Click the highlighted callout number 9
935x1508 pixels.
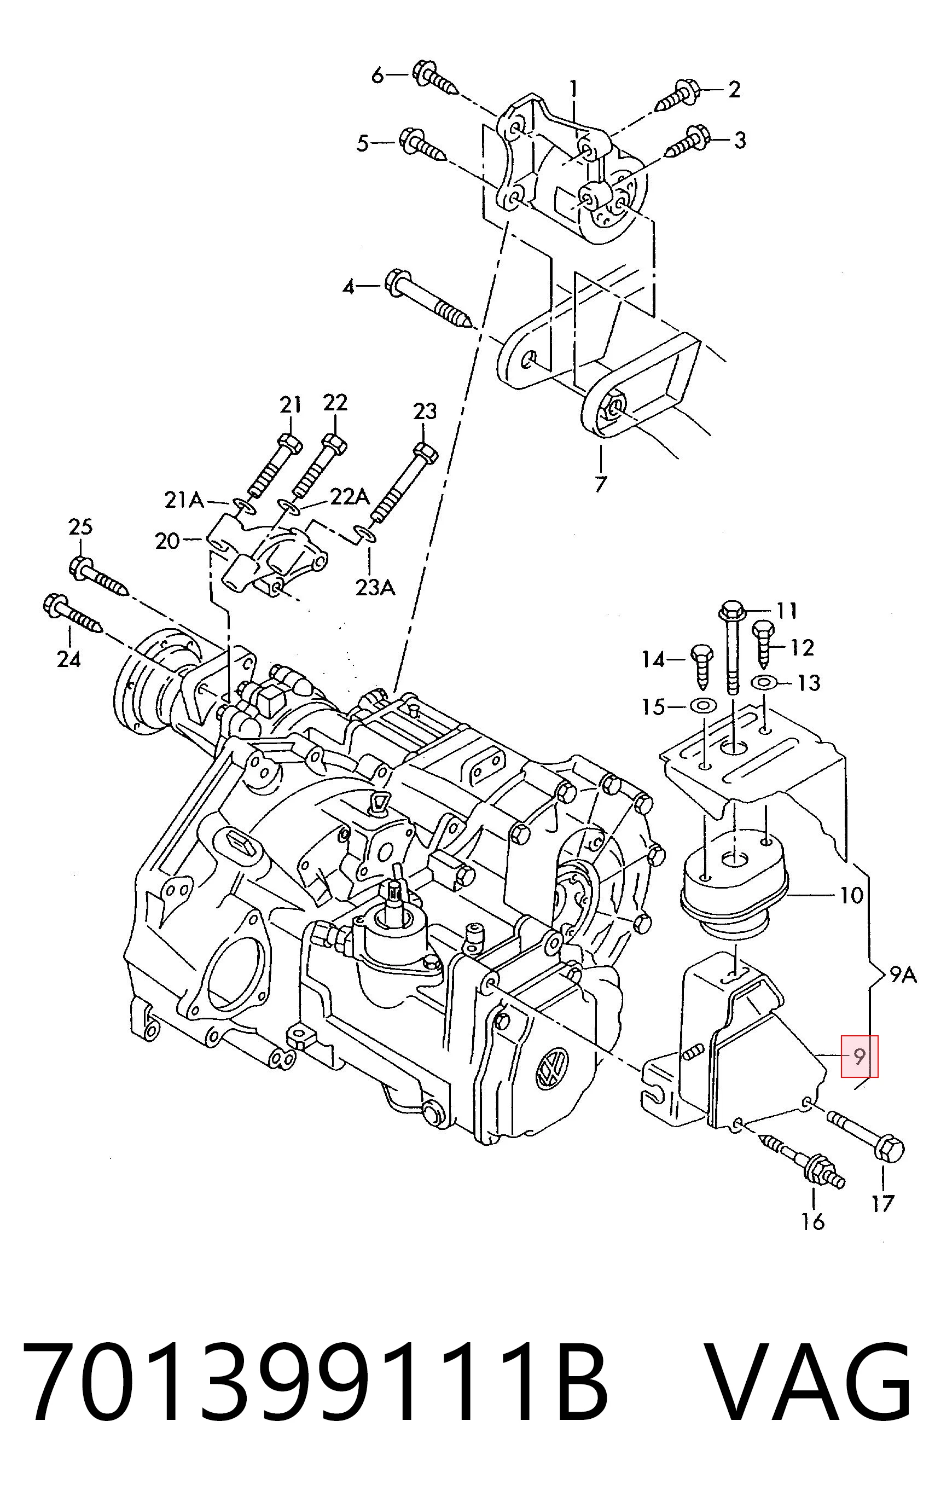[858, 1057]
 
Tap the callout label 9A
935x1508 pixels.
[903, 975]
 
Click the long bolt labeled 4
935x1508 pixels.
[429, 299]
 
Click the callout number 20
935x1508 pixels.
[167, 541]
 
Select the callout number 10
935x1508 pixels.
[851, 895]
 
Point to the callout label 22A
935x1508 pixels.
[350, 496]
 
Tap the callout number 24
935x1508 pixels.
[68, 659]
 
